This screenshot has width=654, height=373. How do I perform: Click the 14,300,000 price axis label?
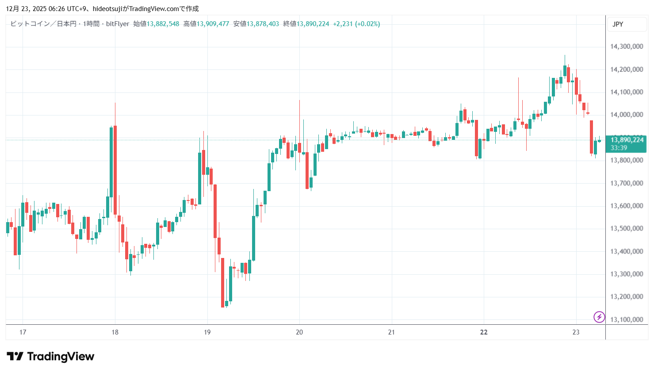pos(626,46)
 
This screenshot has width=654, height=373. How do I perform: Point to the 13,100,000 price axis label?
pos(626,319)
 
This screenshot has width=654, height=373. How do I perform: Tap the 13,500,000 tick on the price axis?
pos(626,228)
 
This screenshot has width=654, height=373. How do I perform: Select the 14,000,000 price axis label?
pos(626,115)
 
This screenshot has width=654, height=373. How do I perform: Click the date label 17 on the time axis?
pos(23,332)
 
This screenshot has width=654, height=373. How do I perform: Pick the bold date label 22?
pos(484,332)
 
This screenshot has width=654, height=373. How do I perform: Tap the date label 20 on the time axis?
pos(299,332)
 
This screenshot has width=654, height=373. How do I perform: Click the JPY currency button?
pos(618,24)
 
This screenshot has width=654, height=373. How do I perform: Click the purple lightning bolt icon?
pos(599,317)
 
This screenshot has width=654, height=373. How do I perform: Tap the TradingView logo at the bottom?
pos(50,357)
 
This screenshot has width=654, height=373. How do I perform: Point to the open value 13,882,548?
pos(163,24)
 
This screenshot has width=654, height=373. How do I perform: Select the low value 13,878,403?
pos(263,24)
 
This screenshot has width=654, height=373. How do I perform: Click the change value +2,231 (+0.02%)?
pos(356,24)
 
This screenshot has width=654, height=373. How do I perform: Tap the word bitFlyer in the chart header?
pos(118,24)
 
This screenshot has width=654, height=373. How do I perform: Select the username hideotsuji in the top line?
pos(107,9)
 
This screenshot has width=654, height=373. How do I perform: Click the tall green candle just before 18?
pos(111,162)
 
